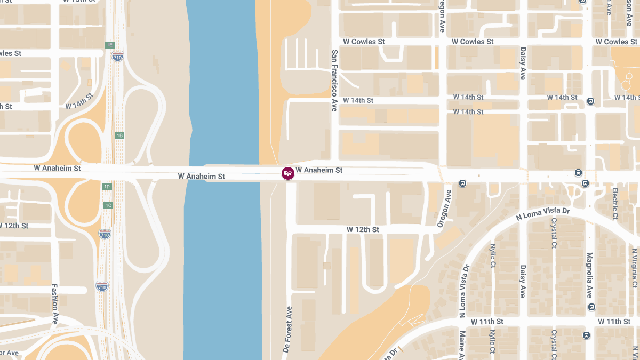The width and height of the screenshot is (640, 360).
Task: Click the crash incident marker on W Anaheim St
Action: [x=288, y=173]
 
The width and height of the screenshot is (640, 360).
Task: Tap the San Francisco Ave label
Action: [x=334, y=80]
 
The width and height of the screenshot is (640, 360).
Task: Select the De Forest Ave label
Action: [x=289, y=329]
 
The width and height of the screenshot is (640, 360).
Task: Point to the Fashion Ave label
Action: [x=54, y=303]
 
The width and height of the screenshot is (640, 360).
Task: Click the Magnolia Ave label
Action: [x=589, y=275]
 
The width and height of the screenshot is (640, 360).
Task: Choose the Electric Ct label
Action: [x=614, y=203]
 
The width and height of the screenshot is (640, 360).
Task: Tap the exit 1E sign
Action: [x=110, y=45]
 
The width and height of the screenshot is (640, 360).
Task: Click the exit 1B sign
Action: [x=119, y=135]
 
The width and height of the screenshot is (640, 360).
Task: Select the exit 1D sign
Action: [x=107, y=187]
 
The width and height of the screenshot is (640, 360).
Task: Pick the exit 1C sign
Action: [x=108, y=205]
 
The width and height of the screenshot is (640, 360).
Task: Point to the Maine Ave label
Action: [x=462, y=345]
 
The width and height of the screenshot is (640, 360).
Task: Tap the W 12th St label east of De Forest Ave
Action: [x=363, y=229]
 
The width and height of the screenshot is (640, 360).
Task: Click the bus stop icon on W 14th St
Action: [x=590, y=101]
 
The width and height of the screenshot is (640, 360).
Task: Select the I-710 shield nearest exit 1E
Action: [x=118, y=56]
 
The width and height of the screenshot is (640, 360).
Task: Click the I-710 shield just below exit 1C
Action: [x=105, y=234]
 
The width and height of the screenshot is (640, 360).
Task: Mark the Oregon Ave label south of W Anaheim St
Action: [x=444, y=209]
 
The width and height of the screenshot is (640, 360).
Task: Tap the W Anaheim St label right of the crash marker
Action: [x=319, y=170]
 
